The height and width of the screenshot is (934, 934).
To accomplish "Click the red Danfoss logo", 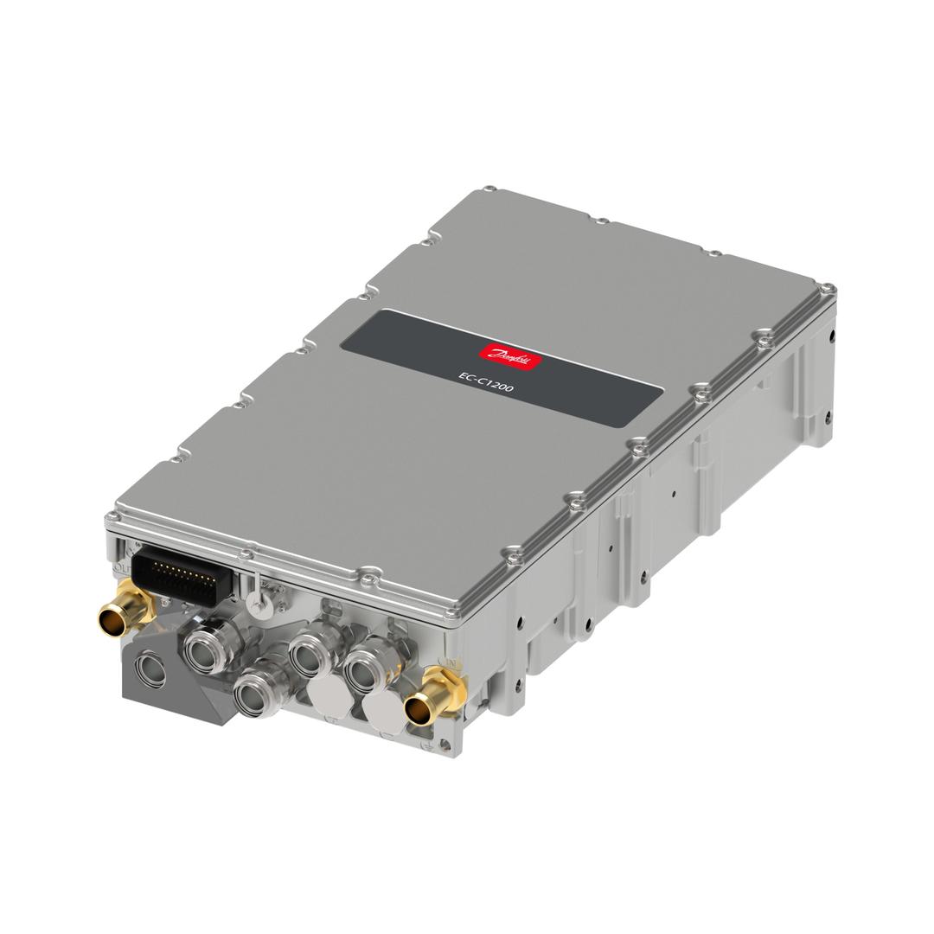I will coord(512,353).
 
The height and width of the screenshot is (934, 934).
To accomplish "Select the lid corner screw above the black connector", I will coord(113,517).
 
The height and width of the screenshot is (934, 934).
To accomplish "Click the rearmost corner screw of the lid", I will coord(489,189).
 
